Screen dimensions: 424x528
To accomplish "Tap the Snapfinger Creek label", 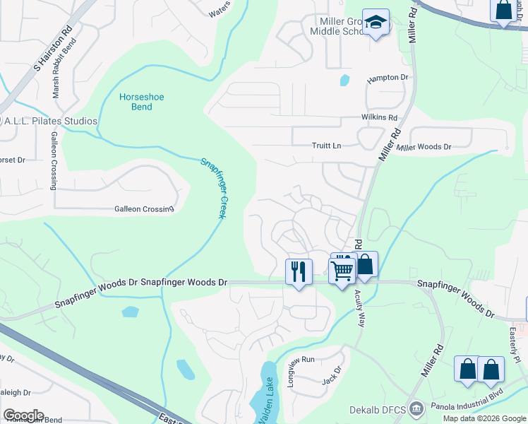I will point(212,187).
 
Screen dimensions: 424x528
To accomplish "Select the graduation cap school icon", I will point(376,23).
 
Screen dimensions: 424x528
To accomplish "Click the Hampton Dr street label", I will point(388,77).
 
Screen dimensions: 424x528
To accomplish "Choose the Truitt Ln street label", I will point(326,146).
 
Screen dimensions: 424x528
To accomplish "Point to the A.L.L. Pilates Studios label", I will point(49,121).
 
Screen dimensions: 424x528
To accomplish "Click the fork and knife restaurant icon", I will point(299,271).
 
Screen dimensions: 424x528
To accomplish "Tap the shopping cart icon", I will point(342,269).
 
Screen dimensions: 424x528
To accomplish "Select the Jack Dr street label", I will point(332,375).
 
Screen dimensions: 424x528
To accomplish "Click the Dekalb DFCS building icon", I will point(416,408).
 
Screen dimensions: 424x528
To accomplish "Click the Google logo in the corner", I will point(23,416).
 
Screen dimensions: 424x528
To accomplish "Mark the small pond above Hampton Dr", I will point(344,80).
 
